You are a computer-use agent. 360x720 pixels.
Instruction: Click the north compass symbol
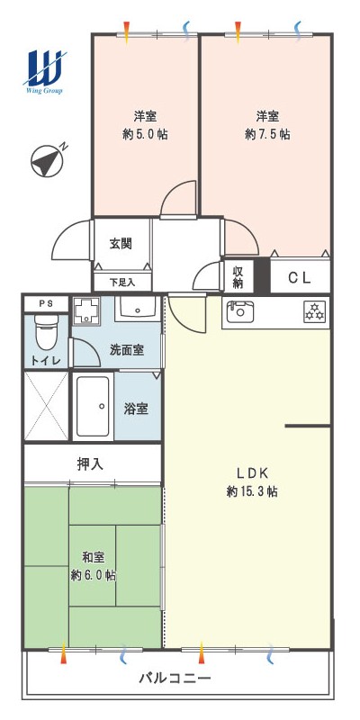(x=47, y=160)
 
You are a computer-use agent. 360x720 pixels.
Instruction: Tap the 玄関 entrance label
(x=121, y=243)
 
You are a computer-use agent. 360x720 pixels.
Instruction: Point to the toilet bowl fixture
(x=46, y=331)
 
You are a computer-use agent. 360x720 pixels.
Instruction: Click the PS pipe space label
(x=46, y=303)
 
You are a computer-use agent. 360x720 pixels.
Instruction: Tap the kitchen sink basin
(x=238, y=311)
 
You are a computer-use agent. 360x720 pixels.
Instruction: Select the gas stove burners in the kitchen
(x=314, y=311)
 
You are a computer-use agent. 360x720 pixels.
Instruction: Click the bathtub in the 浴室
(x=94, y=406)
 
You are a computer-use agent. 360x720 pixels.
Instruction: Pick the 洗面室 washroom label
(x=127, y=350)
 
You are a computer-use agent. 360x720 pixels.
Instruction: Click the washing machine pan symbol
(x=87, y=310)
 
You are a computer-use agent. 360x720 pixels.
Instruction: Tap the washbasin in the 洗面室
(x=137, y=308)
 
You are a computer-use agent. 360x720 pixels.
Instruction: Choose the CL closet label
(x=300, y=277)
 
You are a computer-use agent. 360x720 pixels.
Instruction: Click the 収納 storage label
(x=237, y=277)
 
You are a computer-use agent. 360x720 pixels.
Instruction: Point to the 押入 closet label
(x=91, y=463)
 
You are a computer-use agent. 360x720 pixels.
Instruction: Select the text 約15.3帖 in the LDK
(x=252, y=491)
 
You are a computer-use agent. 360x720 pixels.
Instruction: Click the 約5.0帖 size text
(x=145, y=134)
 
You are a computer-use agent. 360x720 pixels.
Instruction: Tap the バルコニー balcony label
(x=175, y=678)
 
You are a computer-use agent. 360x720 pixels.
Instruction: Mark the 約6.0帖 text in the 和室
(x=94, y=575)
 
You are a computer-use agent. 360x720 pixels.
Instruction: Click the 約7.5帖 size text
(x=267, y=134)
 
